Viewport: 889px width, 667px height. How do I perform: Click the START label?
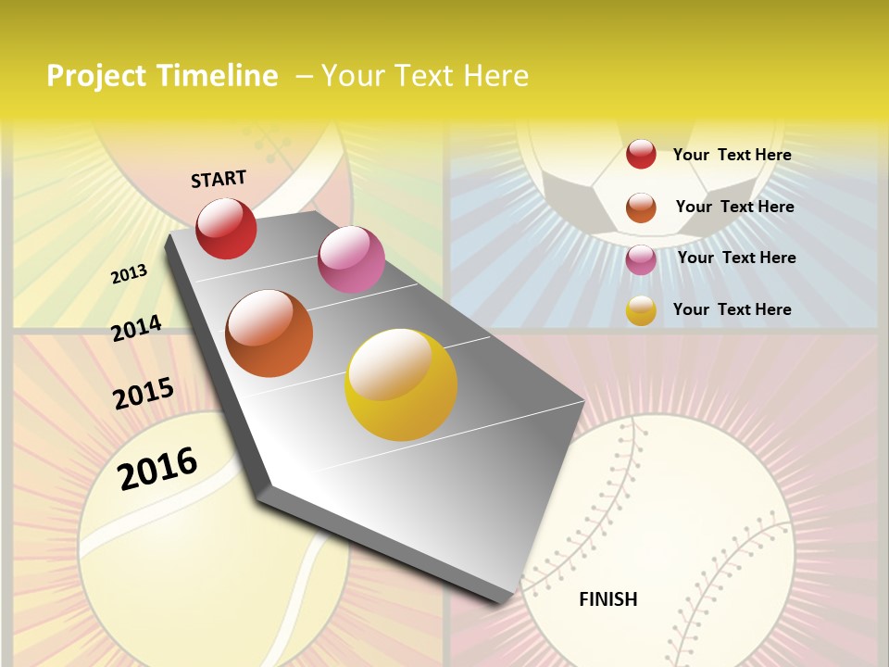pyautogui.click(x=219, y=179)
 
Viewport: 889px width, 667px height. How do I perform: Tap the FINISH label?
pyautogui.click(x=608, y=599)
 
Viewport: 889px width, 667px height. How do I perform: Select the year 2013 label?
pyautogui.click(x=129, y=273)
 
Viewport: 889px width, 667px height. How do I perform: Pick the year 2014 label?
pyautogui.click(x=136, y=328)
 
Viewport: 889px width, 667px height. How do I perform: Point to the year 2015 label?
pyautogui.click(x=144, y=394)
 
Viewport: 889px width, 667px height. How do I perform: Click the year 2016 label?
pyautogui.click(x=157, y=468)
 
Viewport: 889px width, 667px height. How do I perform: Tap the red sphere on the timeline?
pyautogui.click(x=226, y=228)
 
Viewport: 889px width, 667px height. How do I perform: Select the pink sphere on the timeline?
pyautogui.click(x=351, y=259)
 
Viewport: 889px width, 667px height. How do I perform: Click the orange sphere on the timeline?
pyautogui.click(x=269, y=333)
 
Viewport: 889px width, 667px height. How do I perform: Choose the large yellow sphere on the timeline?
pyautogui.click(x=401, y=384)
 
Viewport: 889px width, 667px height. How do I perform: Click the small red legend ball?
pyautogui.click(x=641, y=154)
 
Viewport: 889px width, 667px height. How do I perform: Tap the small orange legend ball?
pyautogui.click(x=641, y=208)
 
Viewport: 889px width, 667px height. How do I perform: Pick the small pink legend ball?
pyautogui.click(x=641, y=259)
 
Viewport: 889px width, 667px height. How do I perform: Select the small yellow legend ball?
pyautogui.click(x=641, y=310)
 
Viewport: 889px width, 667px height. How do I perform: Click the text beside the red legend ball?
pyautogui.click(x=732, y=155)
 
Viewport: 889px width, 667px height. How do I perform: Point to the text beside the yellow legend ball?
pyautogui.click(x=732, y=309)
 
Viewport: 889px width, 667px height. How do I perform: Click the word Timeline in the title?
pyautogui.click(x=219, y=76)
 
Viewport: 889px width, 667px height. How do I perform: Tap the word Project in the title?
pyautogui.click(x=96, y=76)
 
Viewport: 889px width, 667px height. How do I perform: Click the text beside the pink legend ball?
pyautogui.click(x=736, y=258)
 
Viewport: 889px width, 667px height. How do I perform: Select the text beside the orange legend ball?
pyautogui.click(x=734, y=207)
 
